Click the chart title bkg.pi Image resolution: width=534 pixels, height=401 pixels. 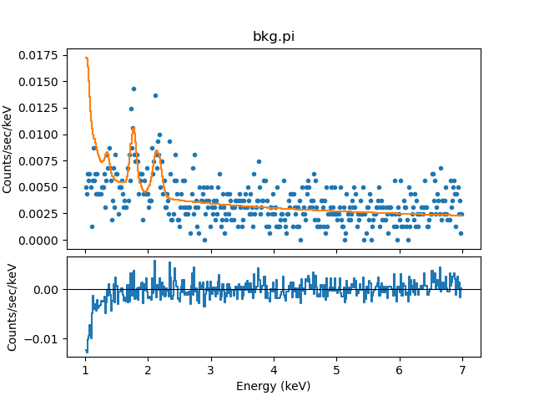coord(274,37)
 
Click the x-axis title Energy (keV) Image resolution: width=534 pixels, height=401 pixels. coord(274,385)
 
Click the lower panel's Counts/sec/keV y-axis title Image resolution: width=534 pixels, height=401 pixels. coord(13,307)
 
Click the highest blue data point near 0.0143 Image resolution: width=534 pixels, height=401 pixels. coord(133,89)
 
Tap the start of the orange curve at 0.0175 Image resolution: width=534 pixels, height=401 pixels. coord(85,58)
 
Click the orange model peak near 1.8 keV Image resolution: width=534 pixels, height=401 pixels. coord(133,128)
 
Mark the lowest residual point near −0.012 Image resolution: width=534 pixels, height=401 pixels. coord(86,350)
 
